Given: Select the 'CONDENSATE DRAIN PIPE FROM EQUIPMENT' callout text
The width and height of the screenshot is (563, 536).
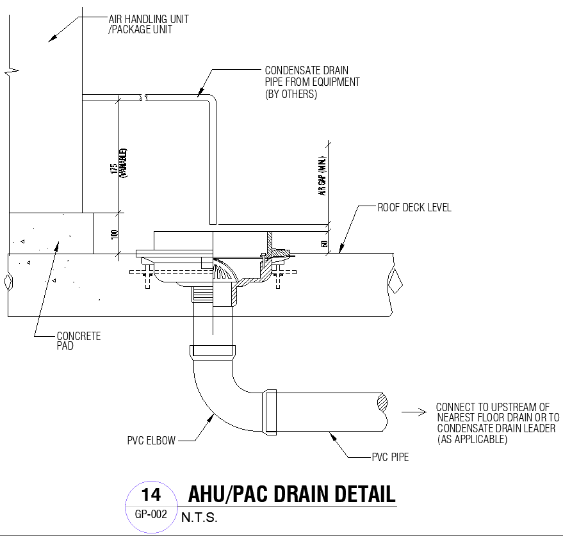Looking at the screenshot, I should (x=312, y=82).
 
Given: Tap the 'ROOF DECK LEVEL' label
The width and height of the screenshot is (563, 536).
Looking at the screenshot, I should (x=414, y=207).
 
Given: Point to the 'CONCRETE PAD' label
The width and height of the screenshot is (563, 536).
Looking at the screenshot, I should (x=79, y=341).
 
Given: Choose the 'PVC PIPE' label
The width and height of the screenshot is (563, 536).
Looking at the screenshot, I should (x=390, y=457).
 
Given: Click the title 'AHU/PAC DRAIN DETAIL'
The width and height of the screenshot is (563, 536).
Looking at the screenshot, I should (x=291, y=494).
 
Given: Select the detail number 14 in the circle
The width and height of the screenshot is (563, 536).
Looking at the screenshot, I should (x=151, y=495).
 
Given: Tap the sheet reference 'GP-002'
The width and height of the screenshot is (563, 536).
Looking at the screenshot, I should (x=151, y=514).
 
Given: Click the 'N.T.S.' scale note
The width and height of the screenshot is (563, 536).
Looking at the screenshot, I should (x=199, y=518).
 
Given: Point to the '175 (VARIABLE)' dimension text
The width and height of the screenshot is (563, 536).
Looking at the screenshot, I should (x=118, y=163).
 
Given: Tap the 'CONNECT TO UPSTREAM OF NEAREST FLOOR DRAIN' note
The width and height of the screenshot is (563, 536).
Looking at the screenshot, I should (x=495, y=423).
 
